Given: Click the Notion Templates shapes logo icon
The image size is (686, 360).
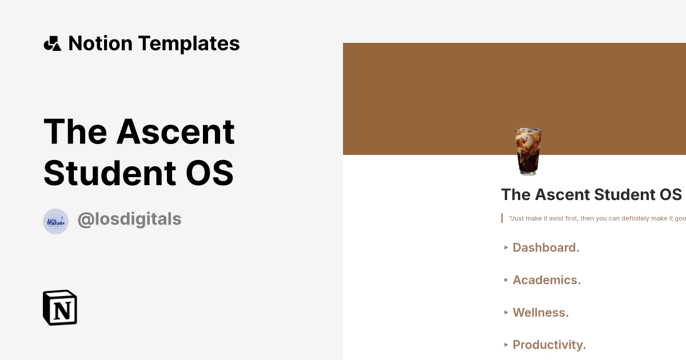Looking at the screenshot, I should pos(53,43).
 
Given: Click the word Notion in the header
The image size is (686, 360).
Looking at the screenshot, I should pos(101,43).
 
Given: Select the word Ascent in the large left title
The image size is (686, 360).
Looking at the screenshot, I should pos(176,131).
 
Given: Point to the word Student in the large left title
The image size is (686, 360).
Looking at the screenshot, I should pos(107,173).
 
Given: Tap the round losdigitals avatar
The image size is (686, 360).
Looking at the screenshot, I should pos(56,221).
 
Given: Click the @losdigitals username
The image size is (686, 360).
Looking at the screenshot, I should pos(129,219).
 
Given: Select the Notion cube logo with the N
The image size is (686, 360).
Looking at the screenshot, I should pos(60,307).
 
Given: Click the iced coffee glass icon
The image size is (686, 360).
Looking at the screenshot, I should pos(528,151).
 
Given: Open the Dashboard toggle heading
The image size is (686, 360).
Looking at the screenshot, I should pos(546,247).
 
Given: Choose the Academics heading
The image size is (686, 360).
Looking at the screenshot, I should pos(547,280).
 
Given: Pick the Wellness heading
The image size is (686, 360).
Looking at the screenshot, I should pos(541,313).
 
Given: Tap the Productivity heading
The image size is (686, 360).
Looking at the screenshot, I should pos(549,345).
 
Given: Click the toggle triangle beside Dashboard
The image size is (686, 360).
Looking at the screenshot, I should pos(506,247).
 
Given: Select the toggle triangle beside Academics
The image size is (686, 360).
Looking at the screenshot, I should pos(506,280).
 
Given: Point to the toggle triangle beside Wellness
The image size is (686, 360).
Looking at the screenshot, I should pos(506,313).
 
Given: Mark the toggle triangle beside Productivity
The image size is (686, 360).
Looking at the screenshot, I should pos(506,345).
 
